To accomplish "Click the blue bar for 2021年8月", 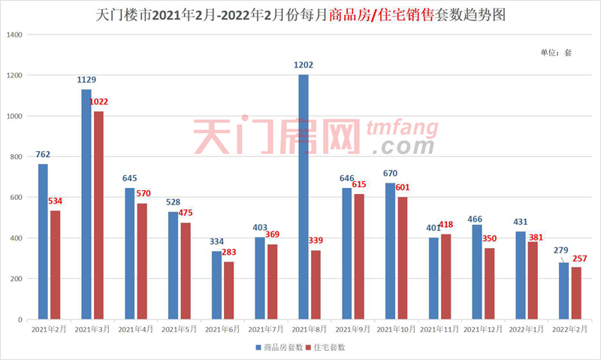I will click(x=304, y=197).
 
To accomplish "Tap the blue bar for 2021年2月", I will click(x=43, y=241).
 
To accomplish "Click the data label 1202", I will click(x=304, y=65).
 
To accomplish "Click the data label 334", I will click(x=216, y=242).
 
